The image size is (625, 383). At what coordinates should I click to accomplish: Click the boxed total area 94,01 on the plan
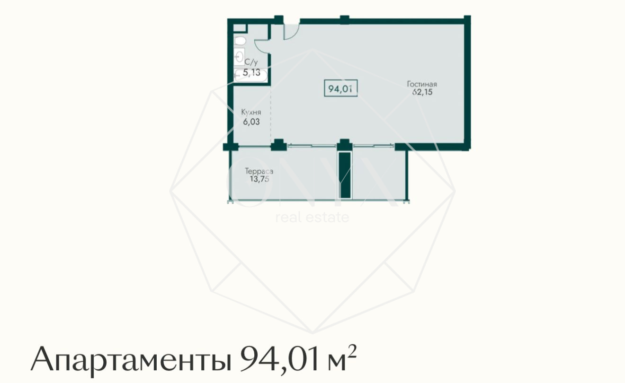tap(340, 88)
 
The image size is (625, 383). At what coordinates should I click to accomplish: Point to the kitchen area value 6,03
tap(250, 121)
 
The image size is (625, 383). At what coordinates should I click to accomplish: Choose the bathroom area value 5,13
tap(251, 72)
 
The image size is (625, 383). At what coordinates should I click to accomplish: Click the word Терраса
tap(259, 171)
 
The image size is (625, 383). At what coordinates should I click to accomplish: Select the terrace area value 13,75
tap(257, 179)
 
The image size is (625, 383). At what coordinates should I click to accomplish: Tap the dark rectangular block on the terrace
tap(346, 174)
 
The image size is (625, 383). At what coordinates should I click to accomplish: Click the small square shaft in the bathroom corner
tap(240, 28)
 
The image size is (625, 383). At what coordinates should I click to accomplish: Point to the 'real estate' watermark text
tap(312, 218)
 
